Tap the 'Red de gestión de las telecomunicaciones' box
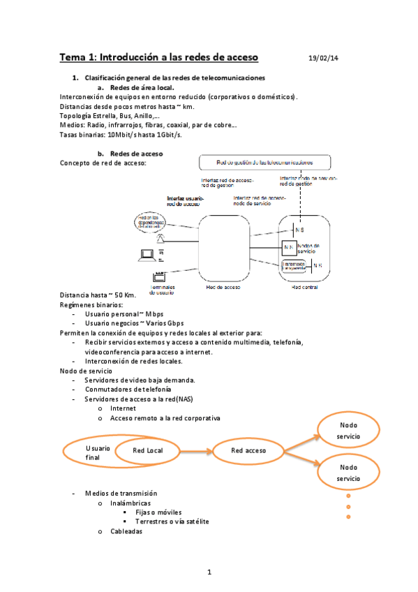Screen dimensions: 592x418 [263, 163]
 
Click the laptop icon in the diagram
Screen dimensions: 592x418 [147, 254]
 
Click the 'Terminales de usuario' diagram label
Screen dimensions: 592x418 [163, 290]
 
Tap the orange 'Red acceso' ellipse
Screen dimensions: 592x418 [248, 451]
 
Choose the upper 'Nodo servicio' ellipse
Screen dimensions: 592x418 [348, 431]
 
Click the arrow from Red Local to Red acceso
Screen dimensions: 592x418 [197, 451]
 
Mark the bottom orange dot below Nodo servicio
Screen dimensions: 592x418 [347, 517]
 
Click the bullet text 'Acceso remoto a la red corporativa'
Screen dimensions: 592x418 [165, 418]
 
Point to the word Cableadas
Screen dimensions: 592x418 [126, 531]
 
